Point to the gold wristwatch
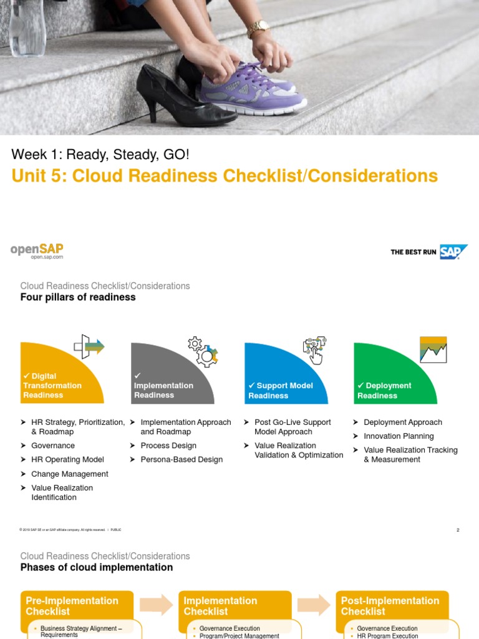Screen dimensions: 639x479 pos(257,29)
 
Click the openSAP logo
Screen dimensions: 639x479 pos(37,251)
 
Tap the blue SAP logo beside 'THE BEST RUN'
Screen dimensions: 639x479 pos(453,251)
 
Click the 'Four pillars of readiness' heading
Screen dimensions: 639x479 pos(78,298)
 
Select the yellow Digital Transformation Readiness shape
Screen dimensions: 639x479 pos(56,378)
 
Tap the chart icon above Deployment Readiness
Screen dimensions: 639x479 pos(433,349)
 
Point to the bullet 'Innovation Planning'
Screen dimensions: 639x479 pos(399,436)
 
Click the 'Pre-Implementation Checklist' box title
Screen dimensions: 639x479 pos(72,606)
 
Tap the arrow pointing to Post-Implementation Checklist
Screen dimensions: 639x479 pos(314,605)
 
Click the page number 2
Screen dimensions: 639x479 pos(458,530)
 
